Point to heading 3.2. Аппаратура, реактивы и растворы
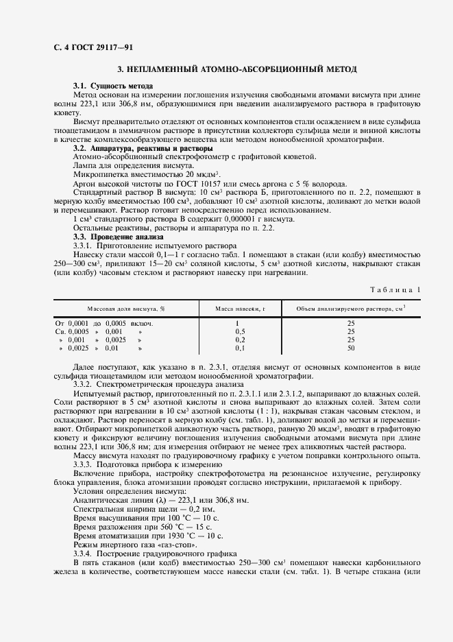[x=143, y=148]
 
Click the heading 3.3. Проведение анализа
[x=115, y=236]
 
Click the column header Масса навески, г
[x=237, y=309]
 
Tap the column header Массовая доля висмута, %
[x=120, y=309]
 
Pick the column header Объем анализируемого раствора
[x=350, y=309]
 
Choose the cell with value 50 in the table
[x=350, y=348]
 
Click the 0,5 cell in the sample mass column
[x=237, y=331]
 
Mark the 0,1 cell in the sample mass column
[x=237, y=348]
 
